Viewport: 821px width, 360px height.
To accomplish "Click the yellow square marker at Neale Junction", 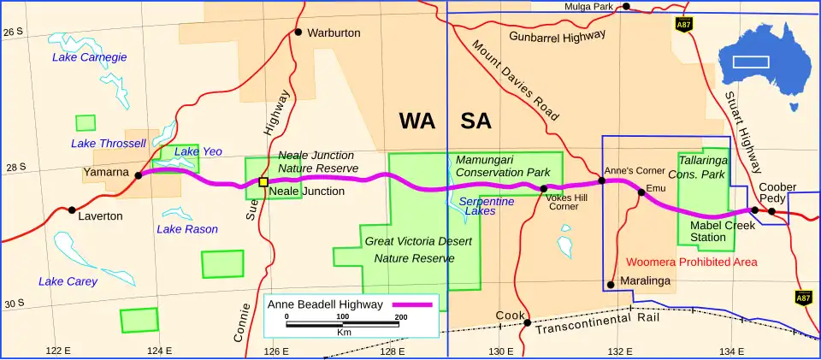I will tap(263, 181).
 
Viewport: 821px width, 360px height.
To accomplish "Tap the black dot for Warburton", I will tap(298, 32).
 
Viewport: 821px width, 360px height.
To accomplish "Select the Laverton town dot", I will tap(71, 210).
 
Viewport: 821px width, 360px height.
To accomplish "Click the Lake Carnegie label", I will tap(89, 57).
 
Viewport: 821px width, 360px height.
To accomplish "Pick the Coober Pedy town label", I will tap(777, 192).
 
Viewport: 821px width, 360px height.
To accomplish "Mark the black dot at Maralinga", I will tap(611, 285).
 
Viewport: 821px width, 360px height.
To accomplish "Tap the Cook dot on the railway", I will tap(528, 322).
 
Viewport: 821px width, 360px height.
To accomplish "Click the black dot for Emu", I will tap(641, 192).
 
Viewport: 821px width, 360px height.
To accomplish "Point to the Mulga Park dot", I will tap(626, 7).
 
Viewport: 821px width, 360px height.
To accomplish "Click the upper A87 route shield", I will tap(683, 23).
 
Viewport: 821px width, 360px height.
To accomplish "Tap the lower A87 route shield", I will tap(803, 298).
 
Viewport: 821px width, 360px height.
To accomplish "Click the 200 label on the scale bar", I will tap(399, 316).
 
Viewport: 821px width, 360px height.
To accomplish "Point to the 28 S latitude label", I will tap(15, 167).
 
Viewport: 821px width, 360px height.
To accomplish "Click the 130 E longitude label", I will tap(500, 351).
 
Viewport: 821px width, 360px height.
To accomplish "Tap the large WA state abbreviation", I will tap(417, 121).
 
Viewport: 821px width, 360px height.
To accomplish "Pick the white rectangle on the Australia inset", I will tap(751, 62).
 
